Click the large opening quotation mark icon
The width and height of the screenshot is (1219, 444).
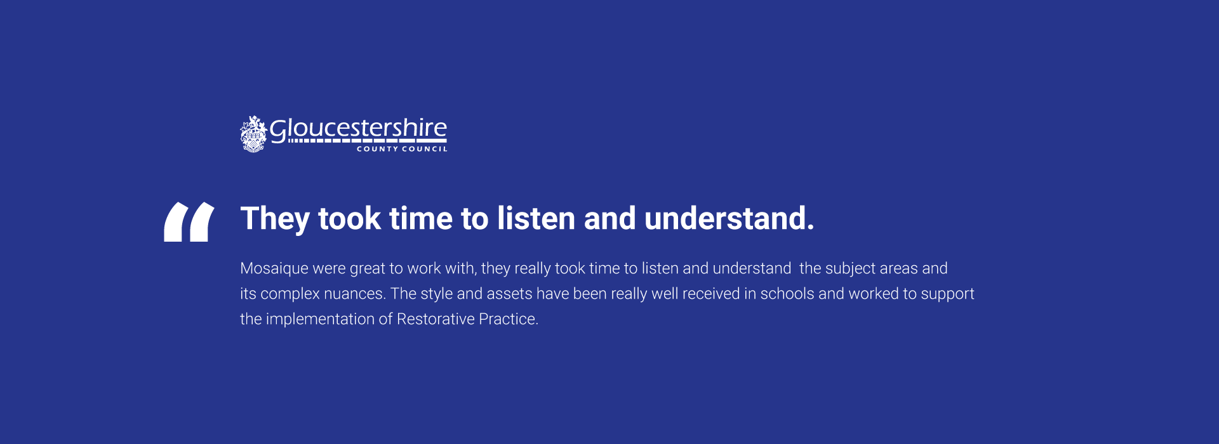(x=189, y=222)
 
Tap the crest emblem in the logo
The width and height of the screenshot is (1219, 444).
(x=253, y=134)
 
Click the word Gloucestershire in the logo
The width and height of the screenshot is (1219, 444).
(x=359, y=129)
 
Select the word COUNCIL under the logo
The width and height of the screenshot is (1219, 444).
(x=425, y=149)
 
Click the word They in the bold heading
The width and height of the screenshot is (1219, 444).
(x=275, y=219)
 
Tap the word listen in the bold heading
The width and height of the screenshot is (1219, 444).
(x=536, y=218)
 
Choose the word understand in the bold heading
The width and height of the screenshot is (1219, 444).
(x=729, y=218)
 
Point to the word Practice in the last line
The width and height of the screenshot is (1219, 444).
(x=509, y=319)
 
